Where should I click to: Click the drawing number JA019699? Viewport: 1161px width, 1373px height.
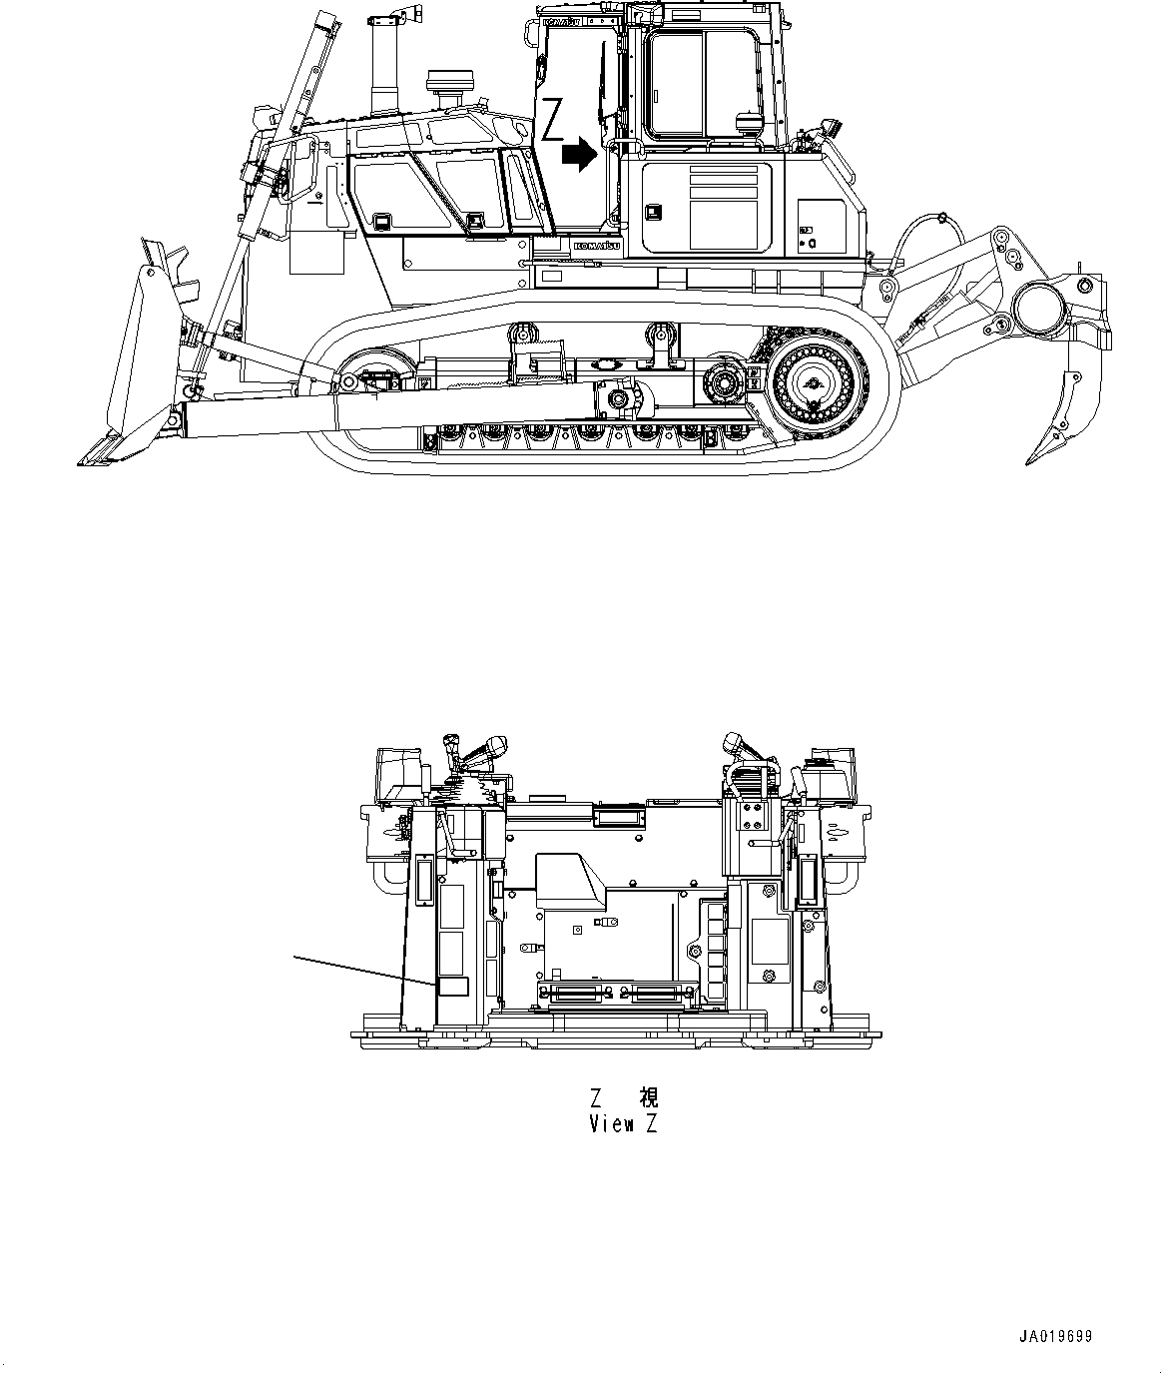coord(1056,1336)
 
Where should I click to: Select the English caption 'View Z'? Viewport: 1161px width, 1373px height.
coord(623,1124)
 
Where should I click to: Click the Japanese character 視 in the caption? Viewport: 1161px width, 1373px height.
coord(648,1098)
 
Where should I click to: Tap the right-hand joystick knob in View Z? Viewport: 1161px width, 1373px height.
coord(739,743)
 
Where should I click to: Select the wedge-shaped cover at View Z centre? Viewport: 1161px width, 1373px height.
coord(572,880)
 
